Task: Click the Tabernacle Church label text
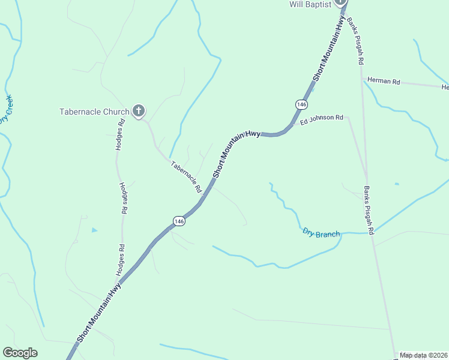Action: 94,112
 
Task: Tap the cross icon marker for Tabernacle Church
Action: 139,110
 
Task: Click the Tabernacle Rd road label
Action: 187,176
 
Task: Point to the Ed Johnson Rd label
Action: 322,119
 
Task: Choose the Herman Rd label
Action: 384,81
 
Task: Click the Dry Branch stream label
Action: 321,233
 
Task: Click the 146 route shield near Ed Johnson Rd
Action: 301,104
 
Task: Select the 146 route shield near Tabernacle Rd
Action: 178,221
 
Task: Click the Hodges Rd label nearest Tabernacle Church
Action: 120,135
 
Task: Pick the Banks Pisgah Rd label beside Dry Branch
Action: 369,210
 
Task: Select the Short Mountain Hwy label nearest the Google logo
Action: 99,313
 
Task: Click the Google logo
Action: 20,353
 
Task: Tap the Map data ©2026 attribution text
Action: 424,355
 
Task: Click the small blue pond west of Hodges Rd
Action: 94,230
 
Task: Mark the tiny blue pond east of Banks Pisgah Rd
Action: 396,184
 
